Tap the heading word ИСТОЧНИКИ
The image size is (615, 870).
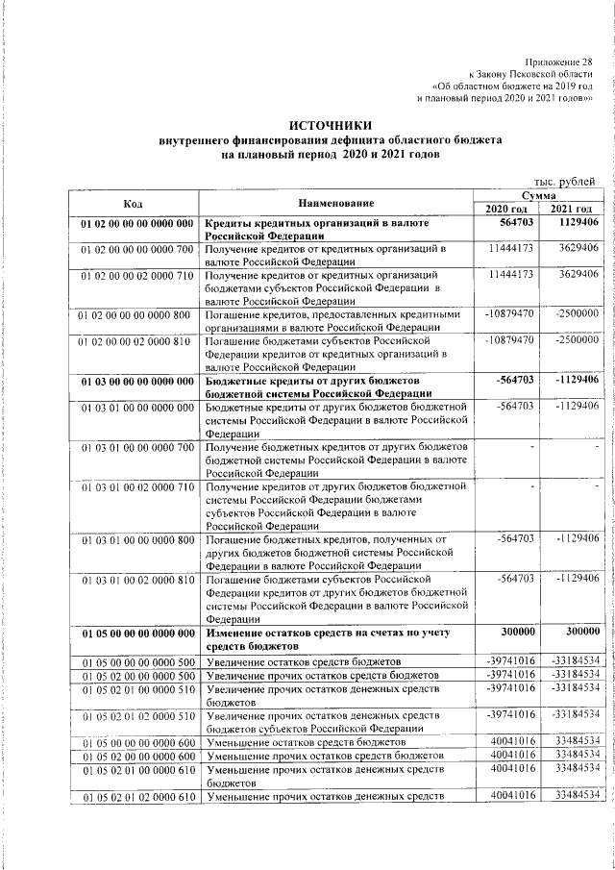331,125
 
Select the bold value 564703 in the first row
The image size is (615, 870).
515,223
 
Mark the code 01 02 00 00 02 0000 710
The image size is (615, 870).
136,275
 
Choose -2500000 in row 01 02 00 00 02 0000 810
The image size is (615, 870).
577,339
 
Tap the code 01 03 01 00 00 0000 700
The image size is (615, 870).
136,448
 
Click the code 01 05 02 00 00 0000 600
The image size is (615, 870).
136,757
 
